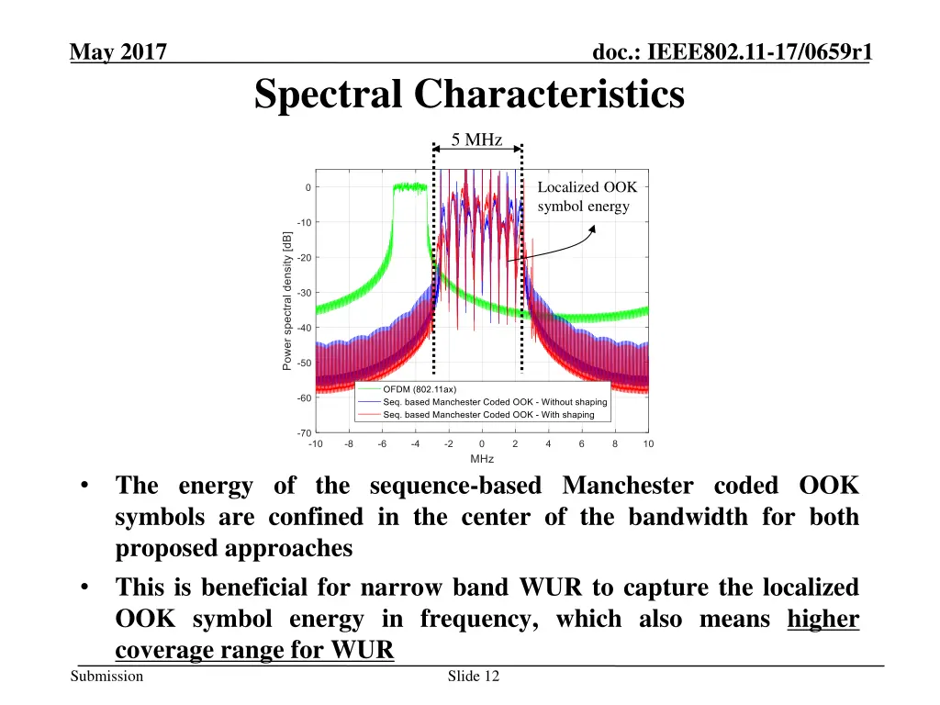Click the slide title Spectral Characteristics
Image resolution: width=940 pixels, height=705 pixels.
469,95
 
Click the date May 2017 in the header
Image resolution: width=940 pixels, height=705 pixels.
117,54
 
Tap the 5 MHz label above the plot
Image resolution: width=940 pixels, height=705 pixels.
476,140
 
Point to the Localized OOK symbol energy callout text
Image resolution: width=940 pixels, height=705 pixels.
587,196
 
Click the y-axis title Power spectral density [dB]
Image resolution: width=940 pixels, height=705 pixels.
287,300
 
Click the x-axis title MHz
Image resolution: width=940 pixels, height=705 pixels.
482,459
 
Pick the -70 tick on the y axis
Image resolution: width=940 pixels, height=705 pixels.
303,432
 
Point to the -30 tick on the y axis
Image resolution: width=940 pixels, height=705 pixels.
303,293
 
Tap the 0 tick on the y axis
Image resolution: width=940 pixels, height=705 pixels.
308,188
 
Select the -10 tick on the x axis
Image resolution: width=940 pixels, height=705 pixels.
315,444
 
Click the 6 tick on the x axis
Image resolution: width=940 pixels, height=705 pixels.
582,444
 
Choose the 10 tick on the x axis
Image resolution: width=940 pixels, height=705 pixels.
648,444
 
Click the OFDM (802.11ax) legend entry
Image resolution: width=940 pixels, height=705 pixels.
419,389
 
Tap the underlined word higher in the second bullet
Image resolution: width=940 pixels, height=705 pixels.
823,620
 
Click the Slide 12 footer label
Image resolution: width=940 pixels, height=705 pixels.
474,677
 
